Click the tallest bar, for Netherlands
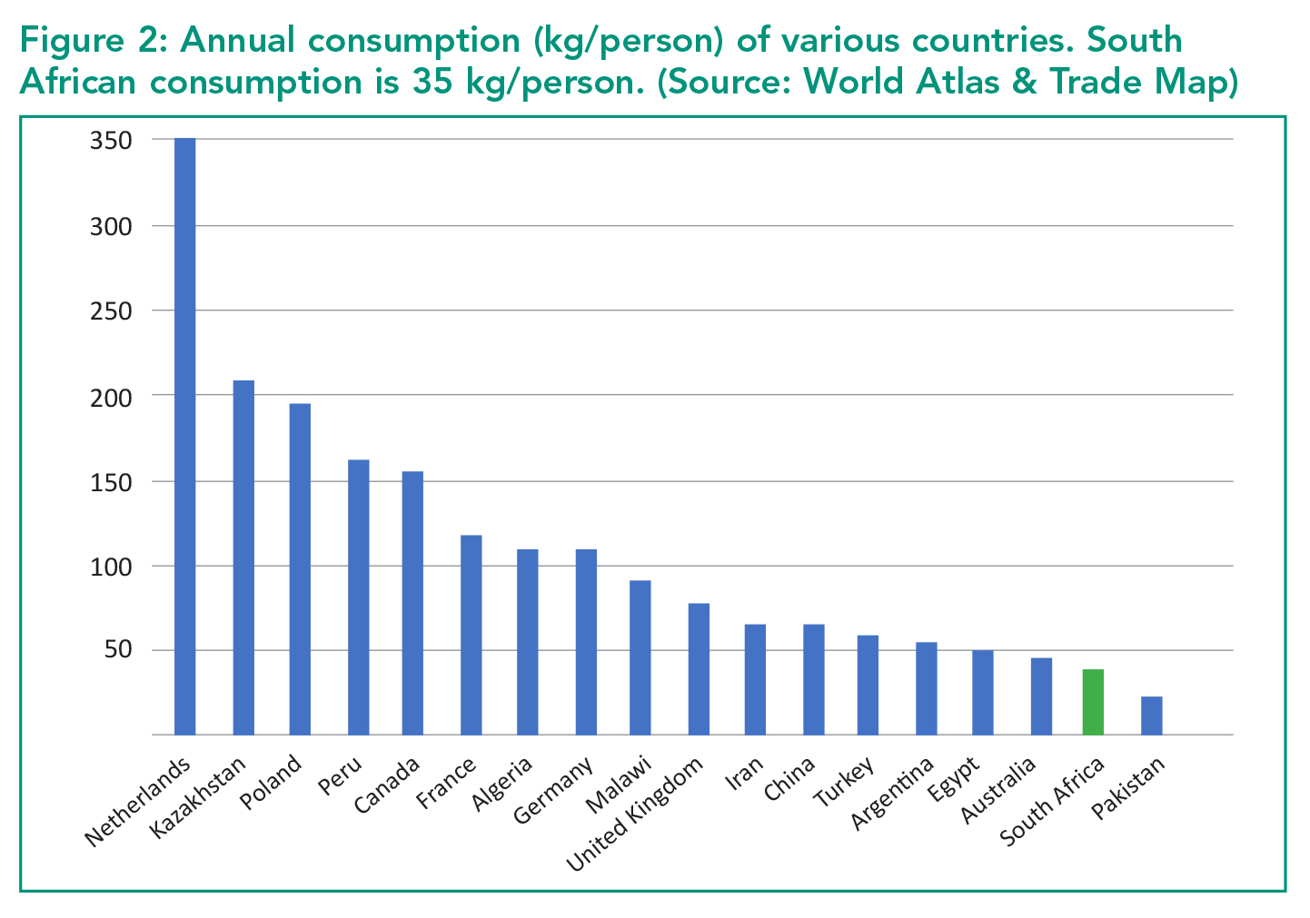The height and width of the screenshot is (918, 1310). [x=184, y=436]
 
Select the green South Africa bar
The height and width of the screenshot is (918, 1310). [x=1093, y=702]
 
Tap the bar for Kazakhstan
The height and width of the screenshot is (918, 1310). [x=243, y=558]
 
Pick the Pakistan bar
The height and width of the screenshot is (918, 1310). [x=1152, y=716]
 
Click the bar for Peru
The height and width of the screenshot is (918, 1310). [x=359, y=597]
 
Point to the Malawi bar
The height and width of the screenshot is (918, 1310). [x=640, y=657]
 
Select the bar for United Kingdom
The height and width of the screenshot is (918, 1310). [x=699, y=669]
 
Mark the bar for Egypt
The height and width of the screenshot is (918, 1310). [x=983, y=692]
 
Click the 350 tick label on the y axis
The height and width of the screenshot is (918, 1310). [x=111, y=141]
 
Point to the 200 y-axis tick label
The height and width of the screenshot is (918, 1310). [x=111, y=399]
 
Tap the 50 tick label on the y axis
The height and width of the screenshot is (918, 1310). [x=118, y=649]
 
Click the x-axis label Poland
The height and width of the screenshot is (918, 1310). [x=272, y=783]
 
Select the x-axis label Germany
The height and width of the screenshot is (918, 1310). [x=553, y=790]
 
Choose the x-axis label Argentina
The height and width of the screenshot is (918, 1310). [x=891, y=793]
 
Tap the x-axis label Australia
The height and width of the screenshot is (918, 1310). [x=997, y=790]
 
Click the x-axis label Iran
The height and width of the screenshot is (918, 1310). [x=744, y=773]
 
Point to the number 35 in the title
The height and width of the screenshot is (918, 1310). [x=432, y=82]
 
